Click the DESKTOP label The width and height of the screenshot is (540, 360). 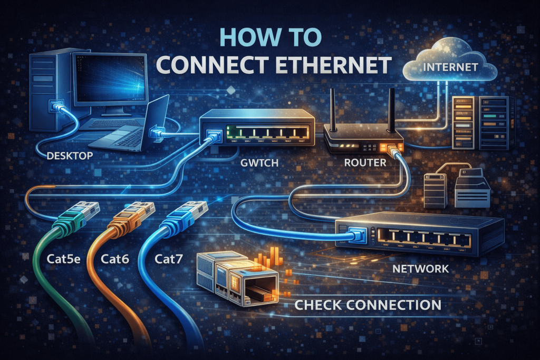(x=70, y=155)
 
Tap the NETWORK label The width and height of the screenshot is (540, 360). (x=421, y=269)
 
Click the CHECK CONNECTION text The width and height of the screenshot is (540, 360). (x=368, y=305)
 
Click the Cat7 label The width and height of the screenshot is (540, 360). (x=170, y=259)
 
